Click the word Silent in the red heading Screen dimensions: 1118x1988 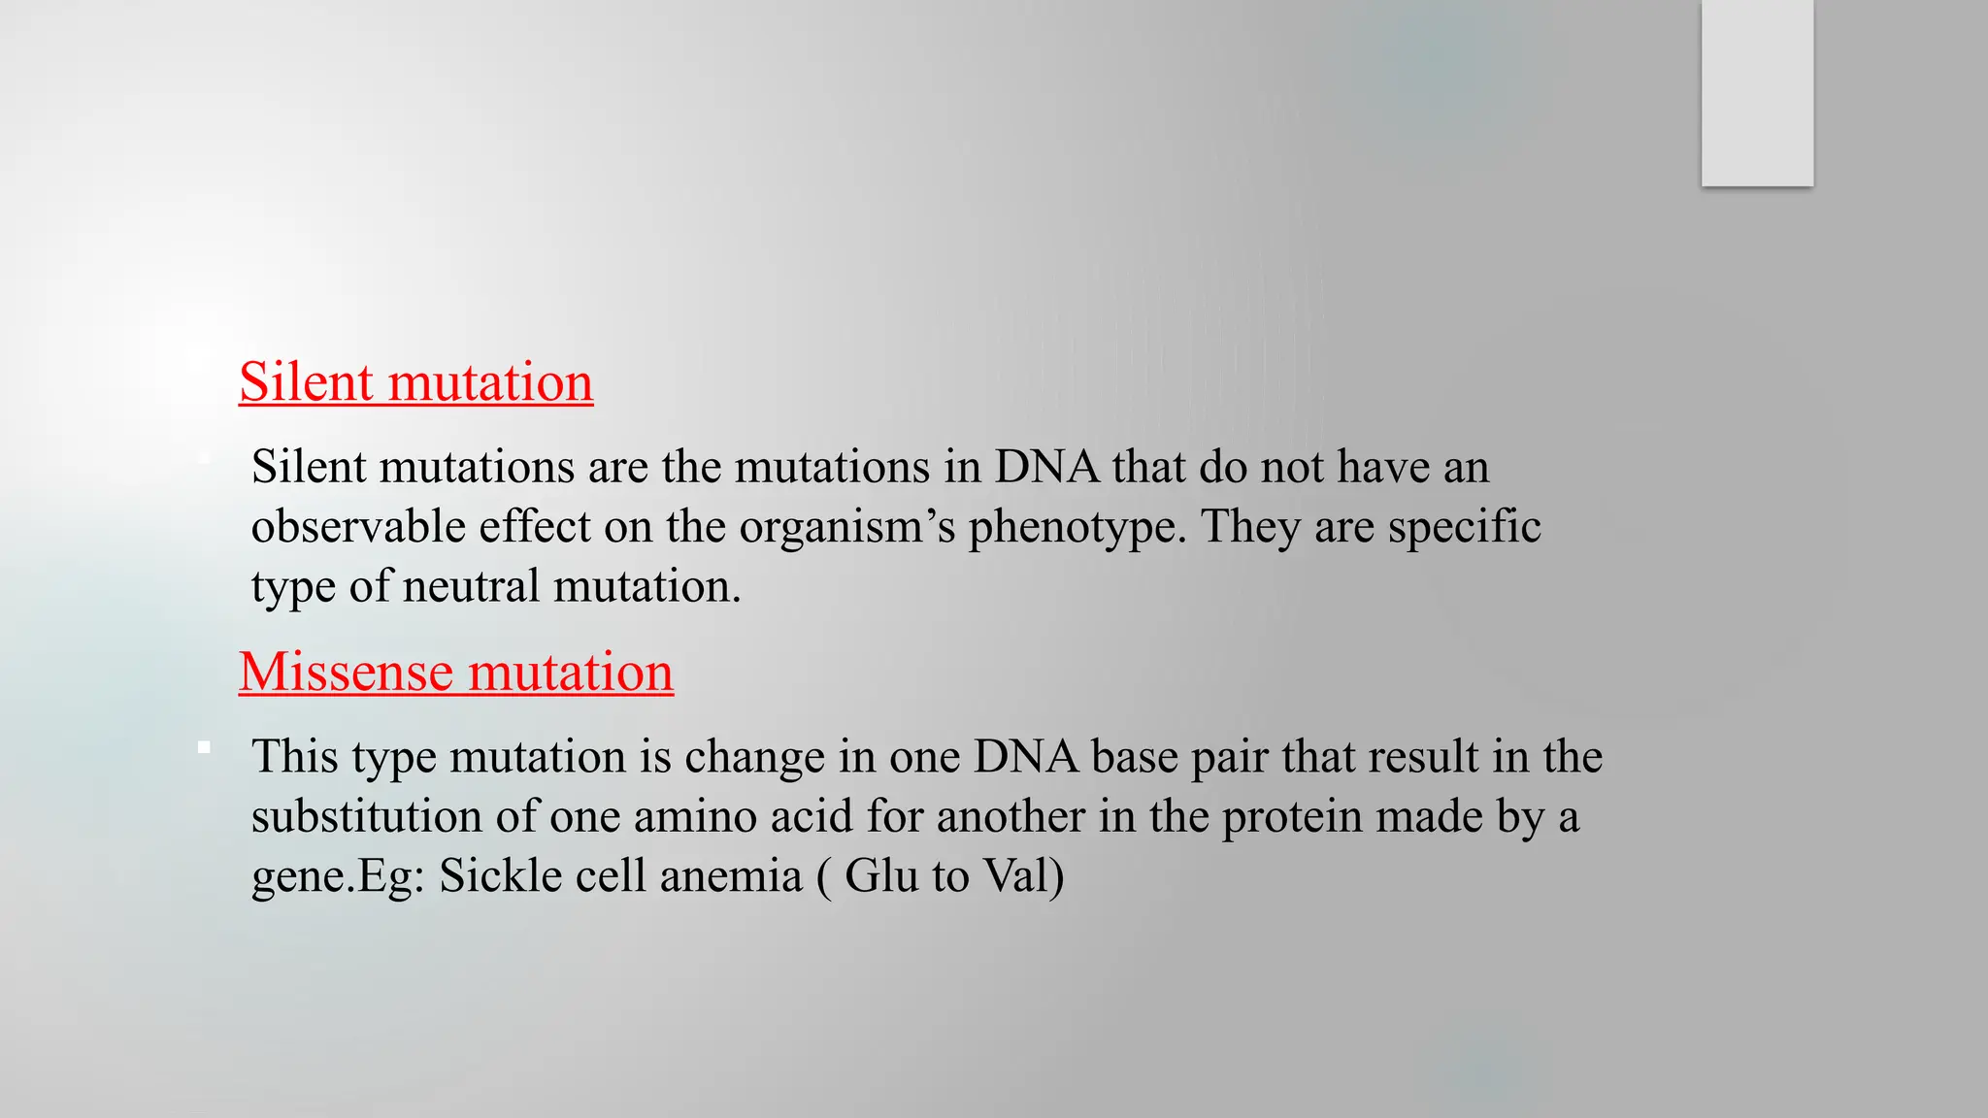[306, 381]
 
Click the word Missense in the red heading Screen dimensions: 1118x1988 [346, 672]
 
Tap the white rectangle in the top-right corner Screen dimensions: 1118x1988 [1757, 93]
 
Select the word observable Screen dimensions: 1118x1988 [358, 527]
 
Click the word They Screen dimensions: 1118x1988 [1250, 527]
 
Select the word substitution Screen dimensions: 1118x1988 [367, 816]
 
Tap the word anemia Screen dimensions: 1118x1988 [731, 875]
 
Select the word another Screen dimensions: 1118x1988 [1011, 816]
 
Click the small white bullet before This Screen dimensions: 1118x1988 [204, 747]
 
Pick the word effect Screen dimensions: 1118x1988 [535, 527]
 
